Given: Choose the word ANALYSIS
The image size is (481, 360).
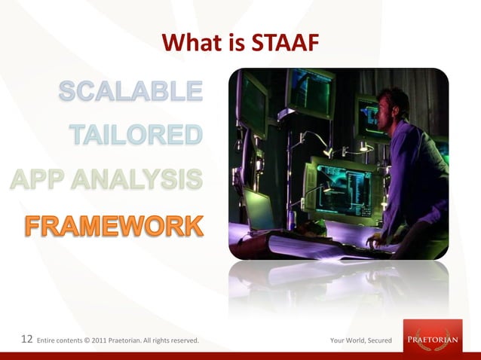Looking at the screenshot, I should (x=142, y=180).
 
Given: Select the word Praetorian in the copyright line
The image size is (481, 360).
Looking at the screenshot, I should (x=127, y=341).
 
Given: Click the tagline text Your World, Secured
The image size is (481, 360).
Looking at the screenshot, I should (x=360, y=341).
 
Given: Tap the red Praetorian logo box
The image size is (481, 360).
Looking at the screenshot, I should (x=432, y=336).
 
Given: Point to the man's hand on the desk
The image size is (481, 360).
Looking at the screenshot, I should (x=375, y=243).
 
